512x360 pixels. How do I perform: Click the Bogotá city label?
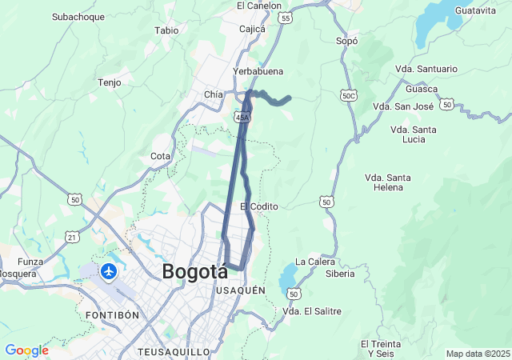click(194, 271)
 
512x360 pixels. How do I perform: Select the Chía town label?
click(213, 94)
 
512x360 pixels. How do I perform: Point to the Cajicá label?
click(252, 29)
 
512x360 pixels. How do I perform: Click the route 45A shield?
click(243, 117)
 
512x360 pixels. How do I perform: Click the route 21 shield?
click(71, 237)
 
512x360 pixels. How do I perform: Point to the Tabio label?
click(166, 30)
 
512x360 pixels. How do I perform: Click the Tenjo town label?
click(109, 82)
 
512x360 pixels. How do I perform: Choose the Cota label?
click(160, 156)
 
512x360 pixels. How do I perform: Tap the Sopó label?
click(346, 40)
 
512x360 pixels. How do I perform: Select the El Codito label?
click(259, 206)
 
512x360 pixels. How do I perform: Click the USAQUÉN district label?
click(241, 290)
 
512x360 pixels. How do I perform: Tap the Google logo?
click(26, 350)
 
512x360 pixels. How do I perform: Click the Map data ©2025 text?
click(478, 354)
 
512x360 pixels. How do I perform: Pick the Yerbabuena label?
click(258, 71)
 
